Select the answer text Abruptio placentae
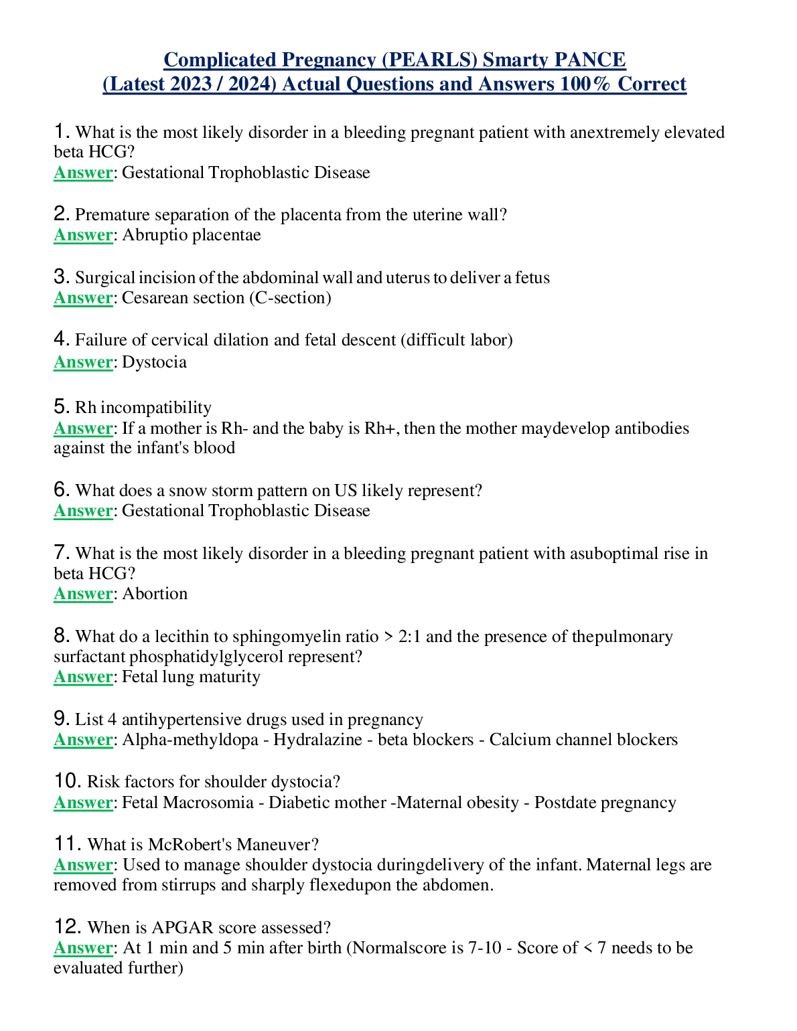click(x=192, y=235)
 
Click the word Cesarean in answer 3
click(x=152, y=298)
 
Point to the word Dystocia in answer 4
click(x=154, y=362)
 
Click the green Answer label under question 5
click(x=83, y=428)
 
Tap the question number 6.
click(x=61, y=489)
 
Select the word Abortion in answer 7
click(x=155, y=594)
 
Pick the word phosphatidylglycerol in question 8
click(x=206, y=656)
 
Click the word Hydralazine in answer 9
click(x=313, y=740)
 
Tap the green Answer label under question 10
click(x=83, y=803)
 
